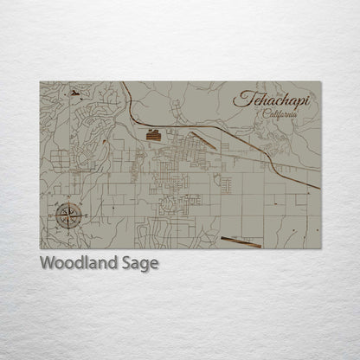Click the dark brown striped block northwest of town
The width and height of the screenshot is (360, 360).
(153, 134)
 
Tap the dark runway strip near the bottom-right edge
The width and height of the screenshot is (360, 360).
(241, 242)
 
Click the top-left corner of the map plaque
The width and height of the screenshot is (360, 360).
(40, 81)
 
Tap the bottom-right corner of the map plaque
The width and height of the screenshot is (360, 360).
(321, 249)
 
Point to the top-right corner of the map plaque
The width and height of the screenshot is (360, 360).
(321, 81)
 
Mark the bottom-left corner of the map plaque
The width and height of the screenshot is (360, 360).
(40, 249)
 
